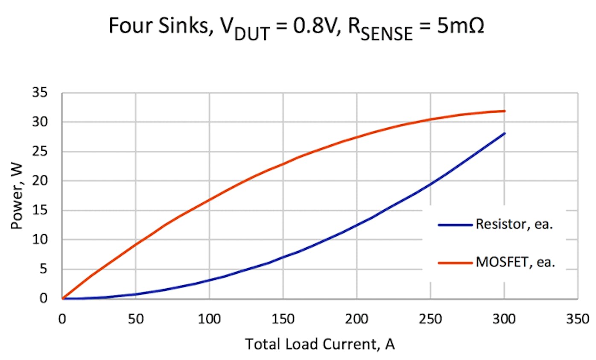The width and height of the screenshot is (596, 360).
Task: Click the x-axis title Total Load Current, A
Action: click(320, 344)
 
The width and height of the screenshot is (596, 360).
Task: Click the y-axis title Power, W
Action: click(17, 195)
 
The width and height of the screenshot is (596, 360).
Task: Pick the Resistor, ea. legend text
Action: click(514, 225)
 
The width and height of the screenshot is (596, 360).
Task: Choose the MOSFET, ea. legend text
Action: click(515, 263)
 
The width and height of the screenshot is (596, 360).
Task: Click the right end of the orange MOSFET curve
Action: click(504, 111)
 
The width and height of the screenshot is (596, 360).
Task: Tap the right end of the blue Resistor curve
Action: click(504, 133)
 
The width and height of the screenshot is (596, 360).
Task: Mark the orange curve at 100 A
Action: click(209, 199)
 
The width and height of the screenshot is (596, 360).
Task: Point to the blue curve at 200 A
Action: click(356, 225)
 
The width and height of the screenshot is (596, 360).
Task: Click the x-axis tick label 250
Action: click(430, 319)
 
